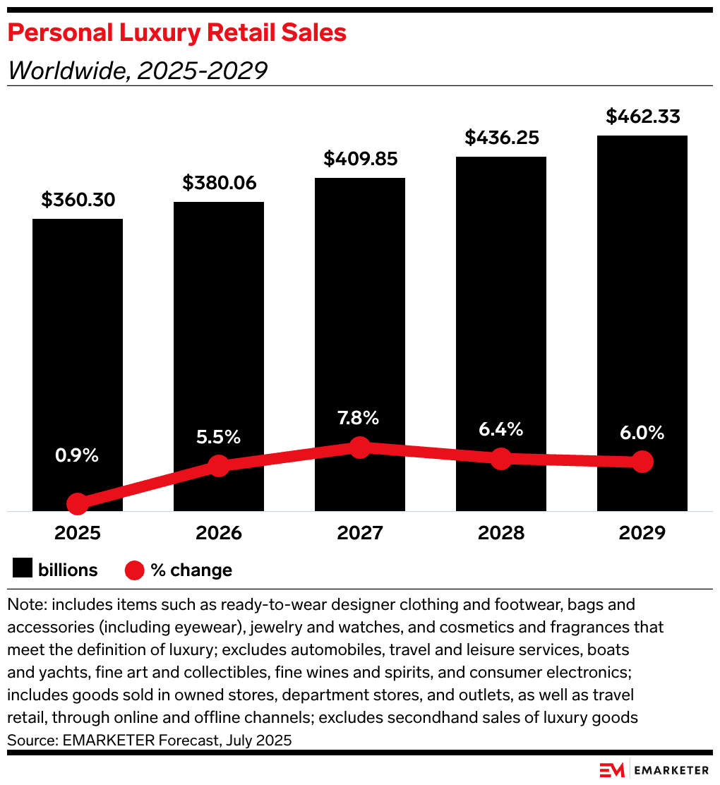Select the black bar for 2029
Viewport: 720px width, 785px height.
(642, 296)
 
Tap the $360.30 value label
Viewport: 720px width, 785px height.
(78, 200)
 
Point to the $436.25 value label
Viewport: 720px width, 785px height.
(501, 137)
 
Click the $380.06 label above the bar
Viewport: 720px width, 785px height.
(219, 183)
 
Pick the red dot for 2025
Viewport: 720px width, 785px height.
(78, 503)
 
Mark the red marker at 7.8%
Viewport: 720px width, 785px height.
(360, 447)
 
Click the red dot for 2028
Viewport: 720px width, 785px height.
(501, 458)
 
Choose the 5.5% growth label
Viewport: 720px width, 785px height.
(219, 437)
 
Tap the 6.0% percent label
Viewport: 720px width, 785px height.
(642, 433)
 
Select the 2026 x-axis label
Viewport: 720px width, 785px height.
(219, 533)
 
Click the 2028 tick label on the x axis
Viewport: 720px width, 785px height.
(501, 533)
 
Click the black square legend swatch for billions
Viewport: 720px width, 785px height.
(23, 569)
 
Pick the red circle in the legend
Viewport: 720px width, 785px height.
(134, 570)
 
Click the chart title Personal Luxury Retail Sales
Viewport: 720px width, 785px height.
(177, 32)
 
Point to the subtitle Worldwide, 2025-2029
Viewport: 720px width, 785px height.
(137, 70)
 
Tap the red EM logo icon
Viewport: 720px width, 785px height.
(611, 769)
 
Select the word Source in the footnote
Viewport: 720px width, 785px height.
(26, 741)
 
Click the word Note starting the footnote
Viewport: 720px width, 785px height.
(24, 605)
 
